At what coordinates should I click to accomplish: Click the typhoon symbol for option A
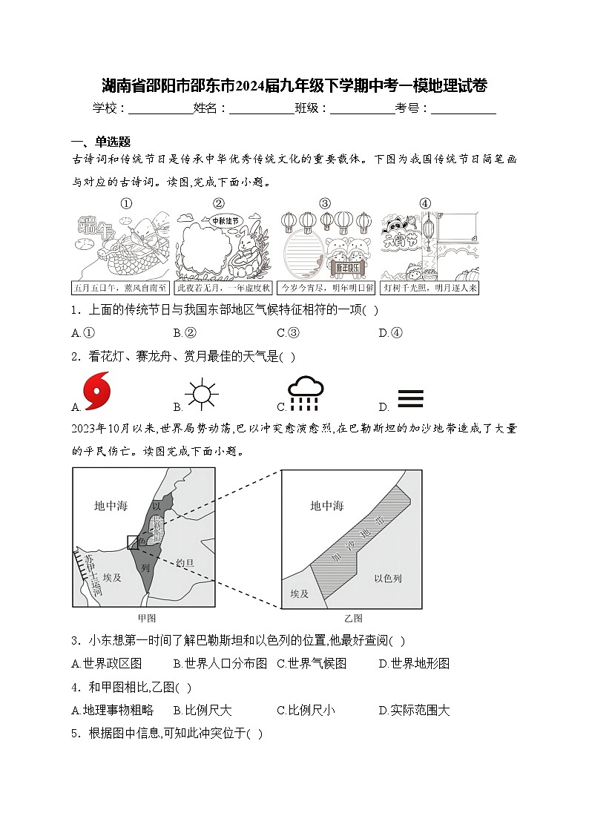pos(96,392)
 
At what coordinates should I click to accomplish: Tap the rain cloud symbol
pos(306,393)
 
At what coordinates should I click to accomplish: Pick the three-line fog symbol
pos(410,399)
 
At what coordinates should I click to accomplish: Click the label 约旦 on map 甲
pos(185,564)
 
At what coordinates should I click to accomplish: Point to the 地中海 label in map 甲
pos(111,506)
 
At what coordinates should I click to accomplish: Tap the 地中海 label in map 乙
pos(326,506)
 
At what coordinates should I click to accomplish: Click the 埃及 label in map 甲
pos(112,577)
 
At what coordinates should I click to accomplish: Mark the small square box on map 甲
pos(133,542)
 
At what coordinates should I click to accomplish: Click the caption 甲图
pos(146,618)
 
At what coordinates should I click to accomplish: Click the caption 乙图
pos(352,618)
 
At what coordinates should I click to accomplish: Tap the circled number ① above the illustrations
pos(126,203)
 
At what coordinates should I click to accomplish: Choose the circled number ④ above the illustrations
pos(424,203)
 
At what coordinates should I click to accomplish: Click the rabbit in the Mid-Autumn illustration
pos(246,245)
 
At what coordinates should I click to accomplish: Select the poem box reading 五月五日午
pos(120,287)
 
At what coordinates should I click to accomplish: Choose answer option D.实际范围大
pos(414,710)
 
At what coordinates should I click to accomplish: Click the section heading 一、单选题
pos(101,142)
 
